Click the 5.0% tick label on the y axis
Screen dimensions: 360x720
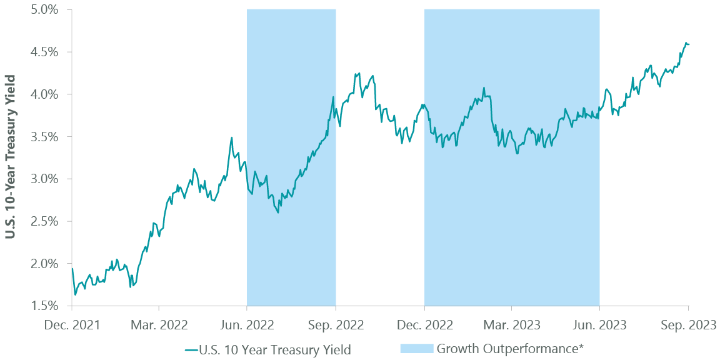coord(44,10)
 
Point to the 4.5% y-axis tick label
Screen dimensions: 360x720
coord(44,52)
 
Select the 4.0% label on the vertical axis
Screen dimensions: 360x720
coord(44,94)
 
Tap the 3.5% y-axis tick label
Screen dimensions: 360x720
coord(44,137)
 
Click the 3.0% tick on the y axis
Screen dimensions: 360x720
coord(44,179)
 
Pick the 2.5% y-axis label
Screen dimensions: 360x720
coord(44,221)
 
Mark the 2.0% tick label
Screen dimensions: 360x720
coord(44,264)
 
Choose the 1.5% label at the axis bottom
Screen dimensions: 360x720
coord(44,306)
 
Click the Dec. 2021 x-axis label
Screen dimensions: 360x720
coord(72,325)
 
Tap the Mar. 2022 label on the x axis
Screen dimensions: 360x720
coord(159,325)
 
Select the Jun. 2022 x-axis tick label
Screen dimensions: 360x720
coord(247,325)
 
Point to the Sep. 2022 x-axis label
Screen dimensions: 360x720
coord(336,325)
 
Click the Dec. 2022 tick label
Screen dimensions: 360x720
coord(424,325)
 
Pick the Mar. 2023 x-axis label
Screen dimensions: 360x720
coord(512,325)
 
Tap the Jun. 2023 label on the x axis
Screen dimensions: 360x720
coord(600,325)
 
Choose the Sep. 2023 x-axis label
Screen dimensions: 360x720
coord(688,325)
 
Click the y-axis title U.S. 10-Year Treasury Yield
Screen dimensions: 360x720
coord(11,157)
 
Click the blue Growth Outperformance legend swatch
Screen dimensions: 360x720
coord(415,349)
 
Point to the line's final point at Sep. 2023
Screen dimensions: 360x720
coord(689,44)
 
